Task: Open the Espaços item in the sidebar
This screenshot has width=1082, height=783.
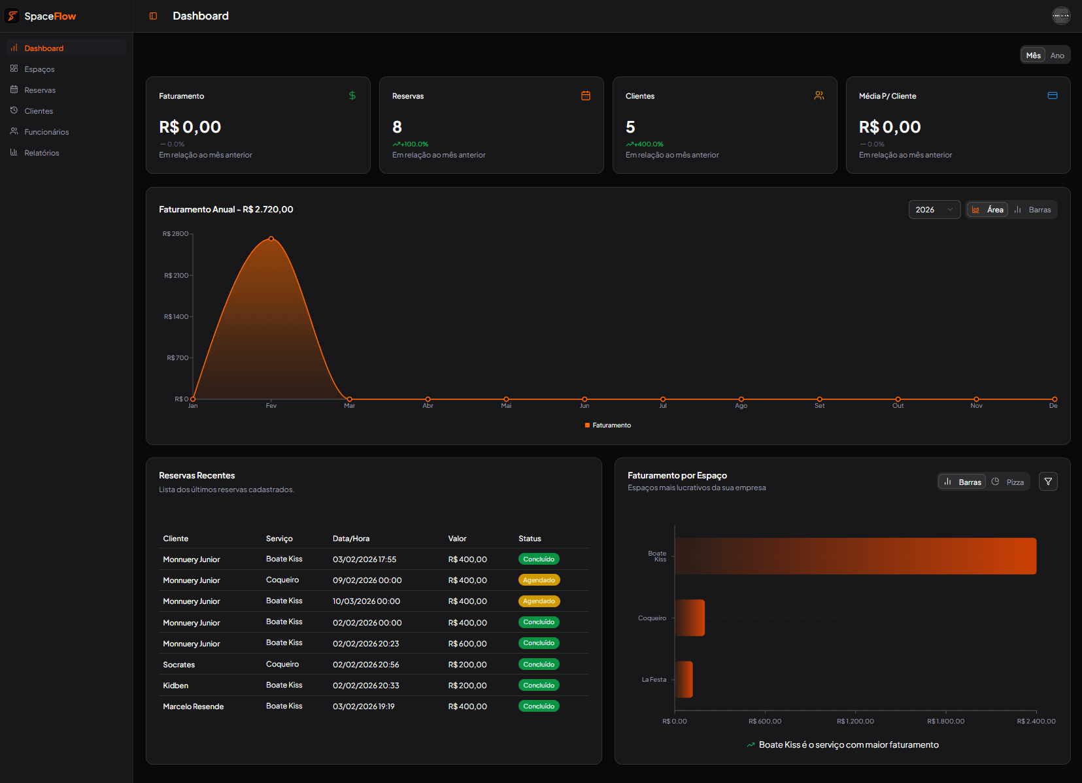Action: pos(39,69)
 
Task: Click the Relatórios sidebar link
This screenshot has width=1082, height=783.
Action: pos(41,153)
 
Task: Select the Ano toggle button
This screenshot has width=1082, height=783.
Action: pos(1057,56)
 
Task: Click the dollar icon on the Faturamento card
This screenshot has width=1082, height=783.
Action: pos(352,96)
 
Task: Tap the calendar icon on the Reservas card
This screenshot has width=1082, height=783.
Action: pos(586,96)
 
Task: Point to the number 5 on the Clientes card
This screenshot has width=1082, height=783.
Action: pos(630,127)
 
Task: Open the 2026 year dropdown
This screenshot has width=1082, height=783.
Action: pos(934,210)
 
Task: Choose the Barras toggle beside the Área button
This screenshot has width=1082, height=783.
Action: pos(1033,210)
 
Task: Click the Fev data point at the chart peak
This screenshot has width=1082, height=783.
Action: pos(271,239)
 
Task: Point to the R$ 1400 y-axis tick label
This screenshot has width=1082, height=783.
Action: pos(176,317)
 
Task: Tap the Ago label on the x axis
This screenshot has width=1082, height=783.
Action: pos(741,406)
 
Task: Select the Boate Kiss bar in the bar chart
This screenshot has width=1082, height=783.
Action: pos(855,556)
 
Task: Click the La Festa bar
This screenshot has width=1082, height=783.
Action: pos(684,679)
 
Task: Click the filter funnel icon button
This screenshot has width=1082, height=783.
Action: pos(1048,482)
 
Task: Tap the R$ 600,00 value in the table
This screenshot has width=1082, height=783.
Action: pos(467,644)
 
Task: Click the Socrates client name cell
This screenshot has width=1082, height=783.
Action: pos(178,665)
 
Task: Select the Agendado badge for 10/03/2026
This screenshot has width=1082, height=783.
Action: pos(539,601)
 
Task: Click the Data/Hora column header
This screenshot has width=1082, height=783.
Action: pos(351,539)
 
